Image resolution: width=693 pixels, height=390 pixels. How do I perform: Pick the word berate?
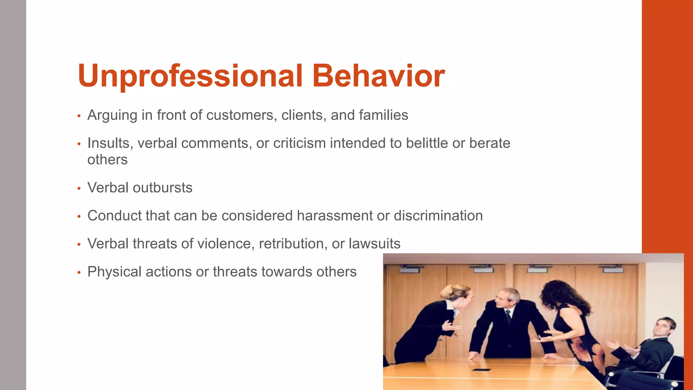[490, 143]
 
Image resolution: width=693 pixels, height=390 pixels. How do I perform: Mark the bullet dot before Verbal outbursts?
[79, 188]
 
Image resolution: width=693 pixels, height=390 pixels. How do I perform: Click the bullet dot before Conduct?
[79, 216]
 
